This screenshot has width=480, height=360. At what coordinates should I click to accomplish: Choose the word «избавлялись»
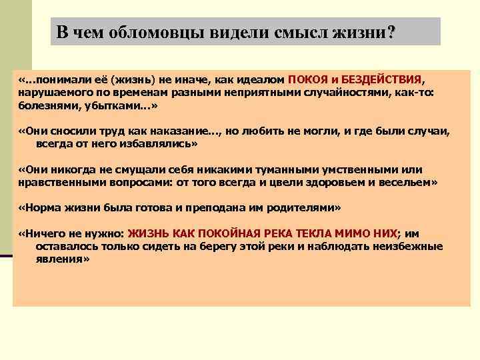(158, 143)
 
